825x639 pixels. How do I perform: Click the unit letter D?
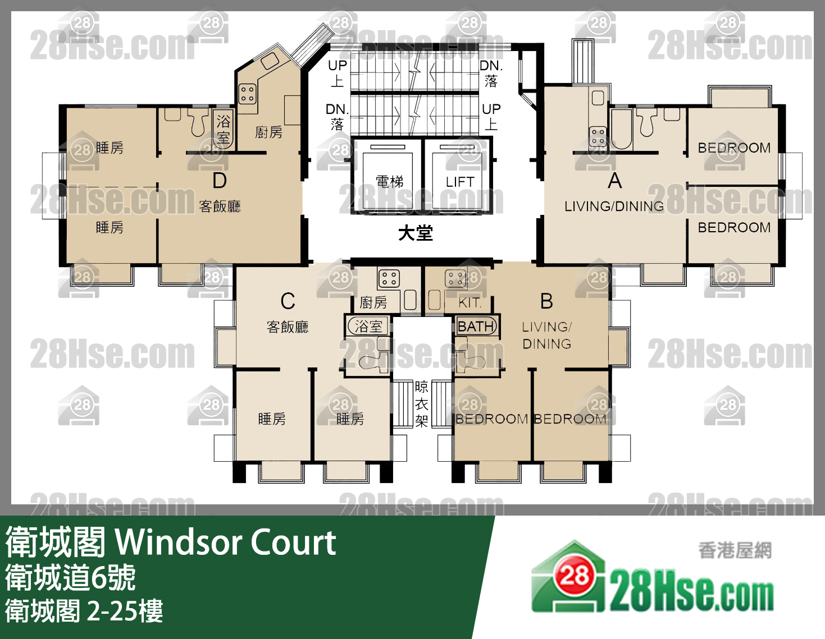point(220,181)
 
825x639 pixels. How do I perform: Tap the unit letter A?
point(615,181)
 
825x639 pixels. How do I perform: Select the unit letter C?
point(288,301)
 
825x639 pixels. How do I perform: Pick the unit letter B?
point(546,301)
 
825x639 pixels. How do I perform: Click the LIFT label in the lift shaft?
point(460,182)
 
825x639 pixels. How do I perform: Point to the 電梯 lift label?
point(389,182)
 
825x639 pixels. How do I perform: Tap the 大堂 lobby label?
point(416,233)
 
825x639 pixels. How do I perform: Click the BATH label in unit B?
point(476,327)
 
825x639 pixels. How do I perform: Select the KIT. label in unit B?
point(470,303)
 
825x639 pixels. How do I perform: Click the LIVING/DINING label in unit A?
point(614,206)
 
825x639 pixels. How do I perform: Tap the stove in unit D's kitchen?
point(248,94)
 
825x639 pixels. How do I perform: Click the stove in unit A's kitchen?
point(598,136)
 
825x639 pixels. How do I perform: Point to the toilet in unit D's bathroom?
point(198,123)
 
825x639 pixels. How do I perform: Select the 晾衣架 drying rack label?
point(422,404)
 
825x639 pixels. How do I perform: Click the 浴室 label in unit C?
point(368,327)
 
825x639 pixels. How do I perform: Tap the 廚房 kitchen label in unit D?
point(268,132)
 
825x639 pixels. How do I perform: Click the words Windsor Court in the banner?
point(226,542)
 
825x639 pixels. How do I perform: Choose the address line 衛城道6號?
point(71,578)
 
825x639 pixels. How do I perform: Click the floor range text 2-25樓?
point(125,611)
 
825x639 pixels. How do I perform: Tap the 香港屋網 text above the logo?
point(735,550)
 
